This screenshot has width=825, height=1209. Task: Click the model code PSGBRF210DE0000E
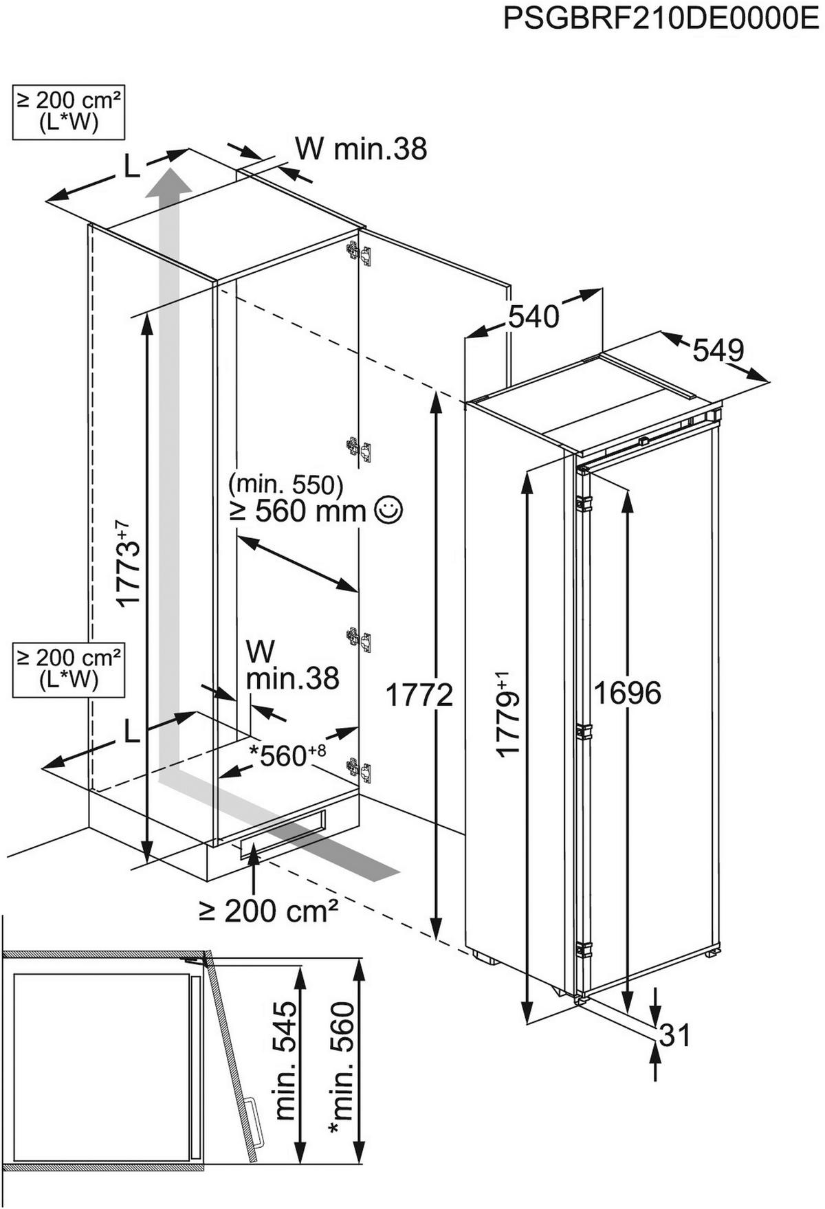tap(661, 19)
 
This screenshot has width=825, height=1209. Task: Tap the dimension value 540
tap(533, 317)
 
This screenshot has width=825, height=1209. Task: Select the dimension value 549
tap(718, 351)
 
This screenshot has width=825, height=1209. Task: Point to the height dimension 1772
tap(419, 695)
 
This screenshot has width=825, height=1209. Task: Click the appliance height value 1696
tap(627, 693)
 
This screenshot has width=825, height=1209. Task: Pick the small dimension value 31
tap(674, 1035)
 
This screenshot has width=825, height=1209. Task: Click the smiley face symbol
tap(388, 510)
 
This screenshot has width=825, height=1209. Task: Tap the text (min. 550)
tap(285, 485)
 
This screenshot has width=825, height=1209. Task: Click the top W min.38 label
tap(361, 148)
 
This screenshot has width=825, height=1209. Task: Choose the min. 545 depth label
tap(287, 1061)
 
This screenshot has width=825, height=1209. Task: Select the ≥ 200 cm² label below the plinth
tap(269, 911)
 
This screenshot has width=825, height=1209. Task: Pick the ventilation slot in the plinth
tap(282, 834)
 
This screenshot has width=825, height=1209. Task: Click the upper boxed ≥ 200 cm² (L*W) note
tap(69, 111)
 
